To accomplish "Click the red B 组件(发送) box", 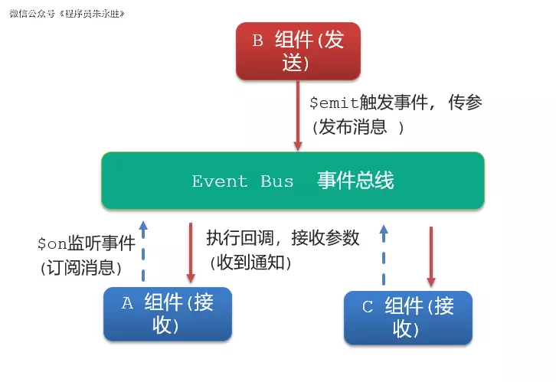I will [x=298, y=51].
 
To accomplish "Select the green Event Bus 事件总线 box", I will [x=293, y=181].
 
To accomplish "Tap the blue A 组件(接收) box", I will [x=168, y=314].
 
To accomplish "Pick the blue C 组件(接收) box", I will [x=408, y=317].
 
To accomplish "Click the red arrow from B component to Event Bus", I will [x=298, y=115].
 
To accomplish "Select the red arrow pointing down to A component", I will [x=191, y=253].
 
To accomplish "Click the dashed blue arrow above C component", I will [x=384, y=254].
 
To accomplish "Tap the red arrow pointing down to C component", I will [x=431, y=256].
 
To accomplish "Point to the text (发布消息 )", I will [x=357, y=127].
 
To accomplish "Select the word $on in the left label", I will [x=52, y=244].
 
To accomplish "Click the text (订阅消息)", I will [x=80, y=268].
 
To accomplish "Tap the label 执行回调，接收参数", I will [x=283, y=238].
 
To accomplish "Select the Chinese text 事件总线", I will [x=355, y=181].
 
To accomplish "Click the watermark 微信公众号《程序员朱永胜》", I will [x=67, y=13].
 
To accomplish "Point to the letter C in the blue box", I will [x=368, y=307].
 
